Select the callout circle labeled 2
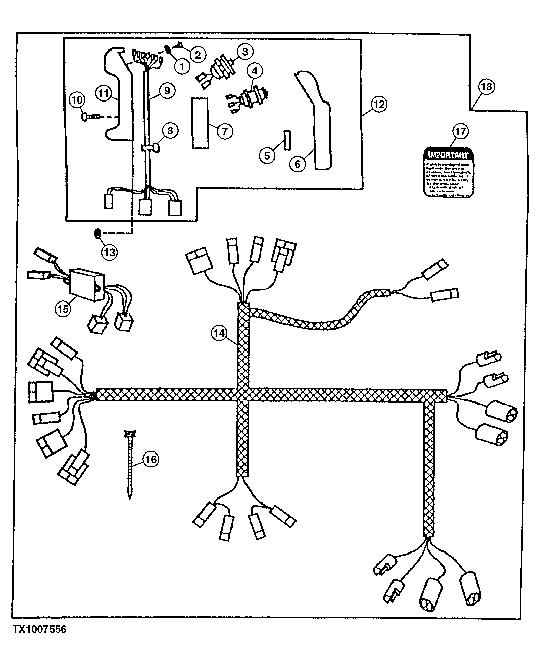[198, 54]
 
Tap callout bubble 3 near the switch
[244, 52]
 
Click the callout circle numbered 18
[486, 87]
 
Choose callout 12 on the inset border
[379, 105]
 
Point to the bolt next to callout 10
[91, 117]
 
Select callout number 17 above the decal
[460, 132]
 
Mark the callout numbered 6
[298, 163]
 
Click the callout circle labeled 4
[254, 71]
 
